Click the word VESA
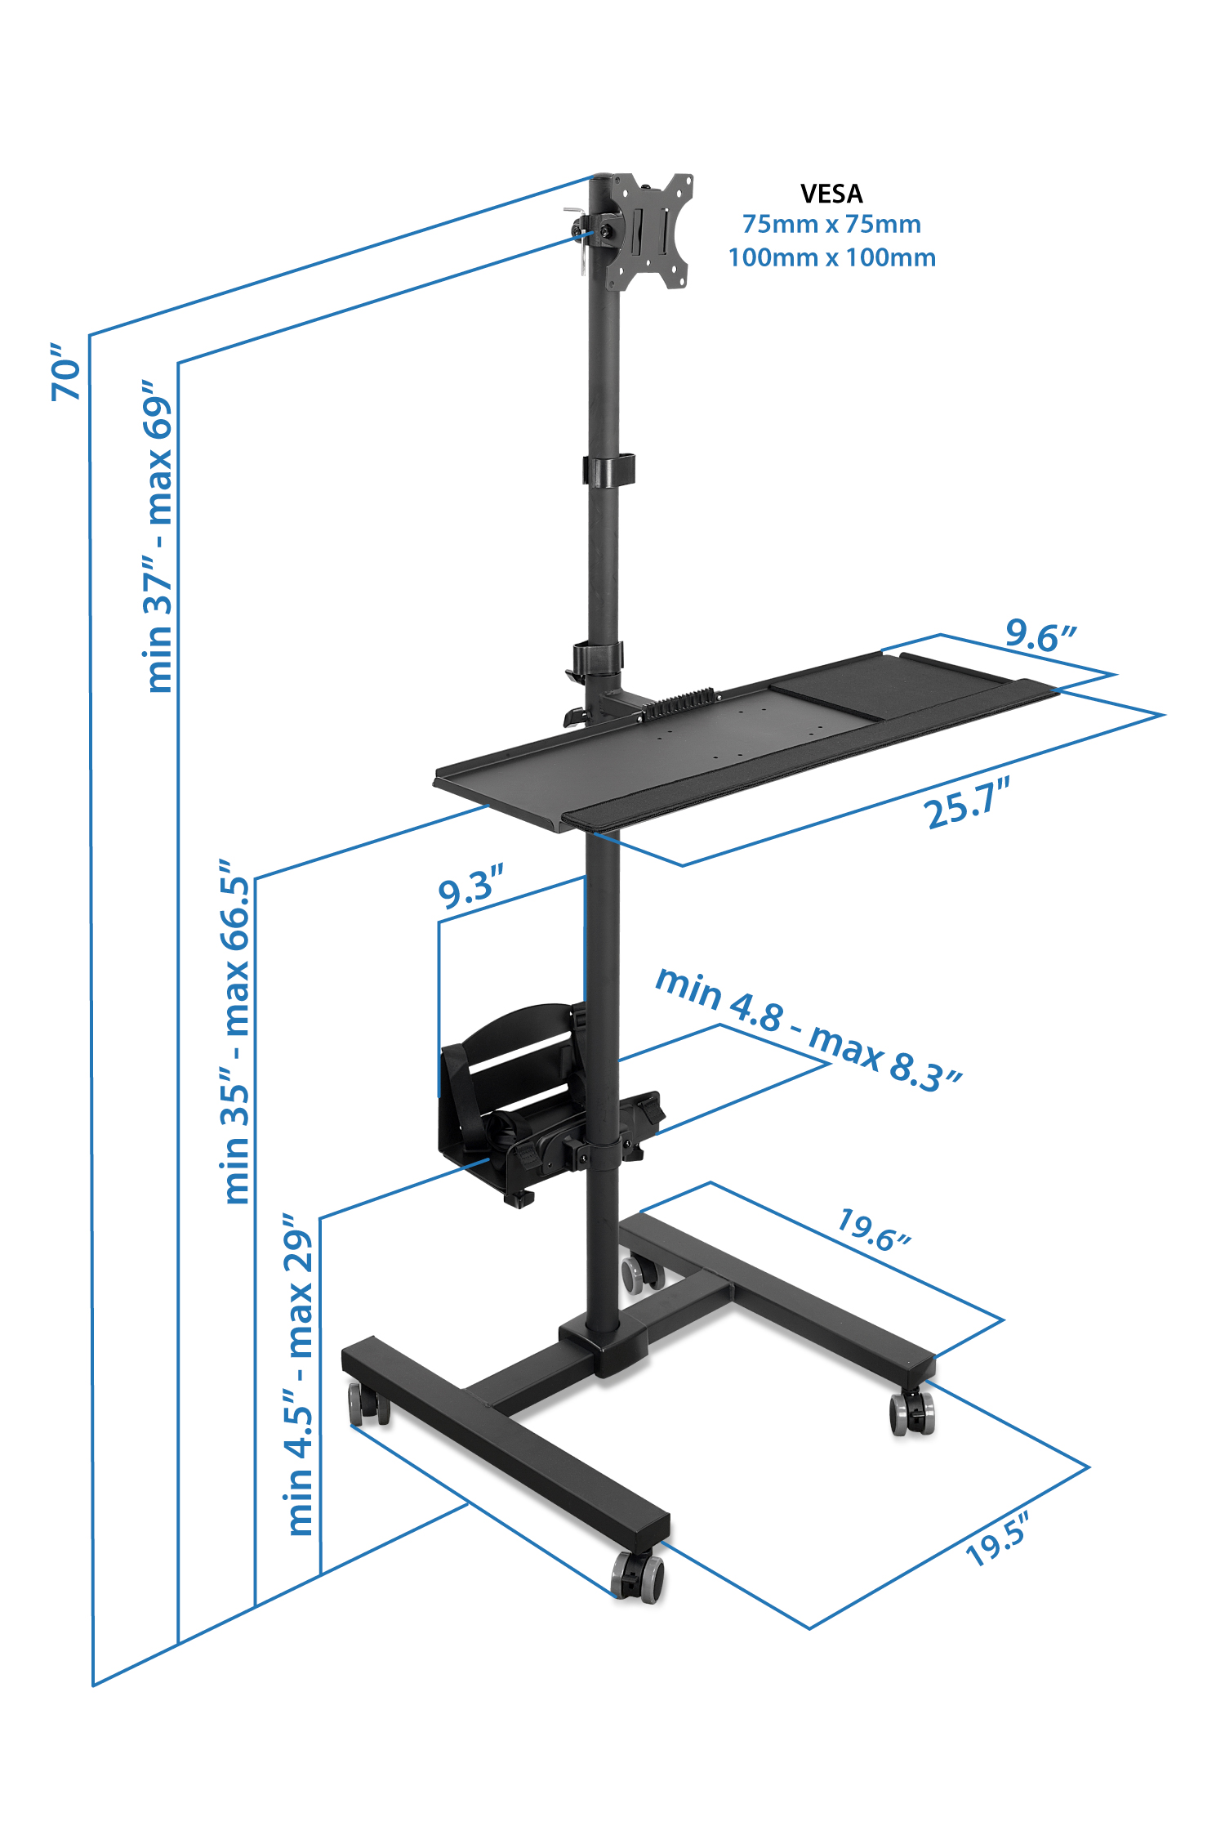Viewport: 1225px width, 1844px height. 831,194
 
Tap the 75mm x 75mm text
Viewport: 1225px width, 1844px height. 831,224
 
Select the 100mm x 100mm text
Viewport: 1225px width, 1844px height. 831,257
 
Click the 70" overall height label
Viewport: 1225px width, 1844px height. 67,372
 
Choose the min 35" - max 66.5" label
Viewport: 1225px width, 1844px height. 235,1031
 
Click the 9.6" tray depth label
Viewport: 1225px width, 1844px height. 1040,635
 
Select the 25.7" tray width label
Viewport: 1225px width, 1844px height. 968,803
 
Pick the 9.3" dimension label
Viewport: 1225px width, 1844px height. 470,887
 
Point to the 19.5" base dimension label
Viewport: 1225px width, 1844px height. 997,1539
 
